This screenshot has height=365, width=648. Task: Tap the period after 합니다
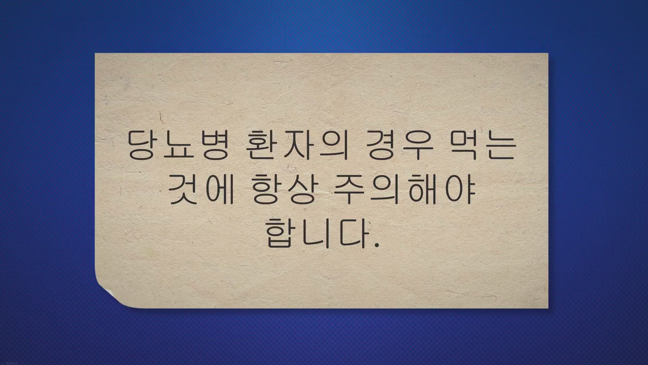[x=377, y=244]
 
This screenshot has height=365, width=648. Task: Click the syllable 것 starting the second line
[x=183, y=191]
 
